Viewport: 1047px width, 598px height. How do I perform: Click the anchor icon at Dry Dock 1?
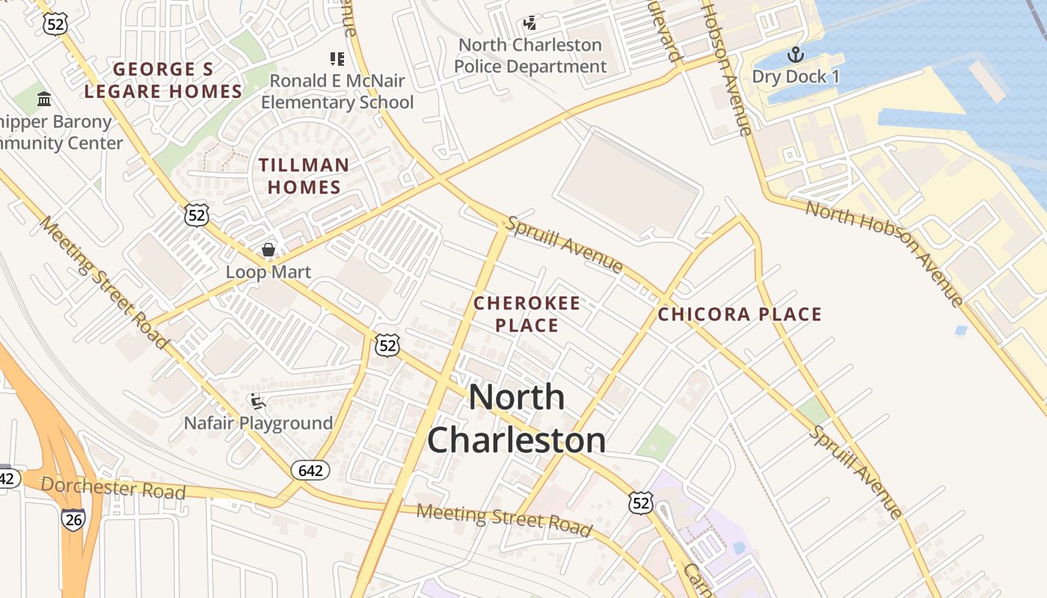tap(795, 55)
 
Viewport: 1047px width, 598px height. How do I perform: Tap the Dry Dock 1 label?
tap(796, 77)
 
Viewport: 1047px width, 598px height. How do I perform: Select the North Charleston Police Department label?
tap(530, 56)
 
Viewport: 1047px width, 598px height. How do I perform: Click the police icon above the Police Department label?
tap(529, 23)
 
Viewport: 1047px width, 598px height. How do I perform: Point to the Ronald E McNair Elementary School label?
tap(337, 91)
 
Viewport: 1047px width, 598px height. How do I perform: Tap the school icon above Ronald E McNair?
tap(337, 58)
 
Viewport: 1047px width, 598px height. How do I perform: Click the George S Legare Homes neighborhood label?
tap(163, 81)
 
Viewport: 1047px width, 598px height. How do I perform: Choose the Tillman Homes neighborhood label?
tap(304, 176)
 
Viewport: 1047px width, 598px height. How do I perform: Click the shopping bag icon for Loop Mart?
tap(268, 250)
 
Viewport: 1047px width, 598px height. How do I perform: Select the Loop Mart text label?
tap(268, 272)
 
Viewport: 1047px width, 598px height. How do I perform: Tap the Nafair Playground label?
tap(259, 424)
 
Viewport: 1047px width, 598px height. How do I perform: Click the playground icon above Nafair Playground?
tap(257, 401)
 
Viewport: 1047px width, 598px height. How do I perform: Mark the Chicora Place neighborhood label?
tap(740, 314)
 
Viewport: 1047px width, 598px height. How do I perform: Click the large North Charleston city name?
tap(516, 418)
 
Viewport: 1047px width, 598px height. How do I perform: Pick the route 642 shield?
tap(310, 470)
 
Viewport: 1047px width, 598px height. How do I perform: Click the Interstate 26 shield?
tap(73, 520)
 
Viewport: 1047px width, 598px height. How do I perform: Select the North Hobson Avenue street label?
tap(884, 253)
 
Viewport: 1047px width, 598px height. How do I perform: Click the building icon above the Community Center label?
tap(44, 99)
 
